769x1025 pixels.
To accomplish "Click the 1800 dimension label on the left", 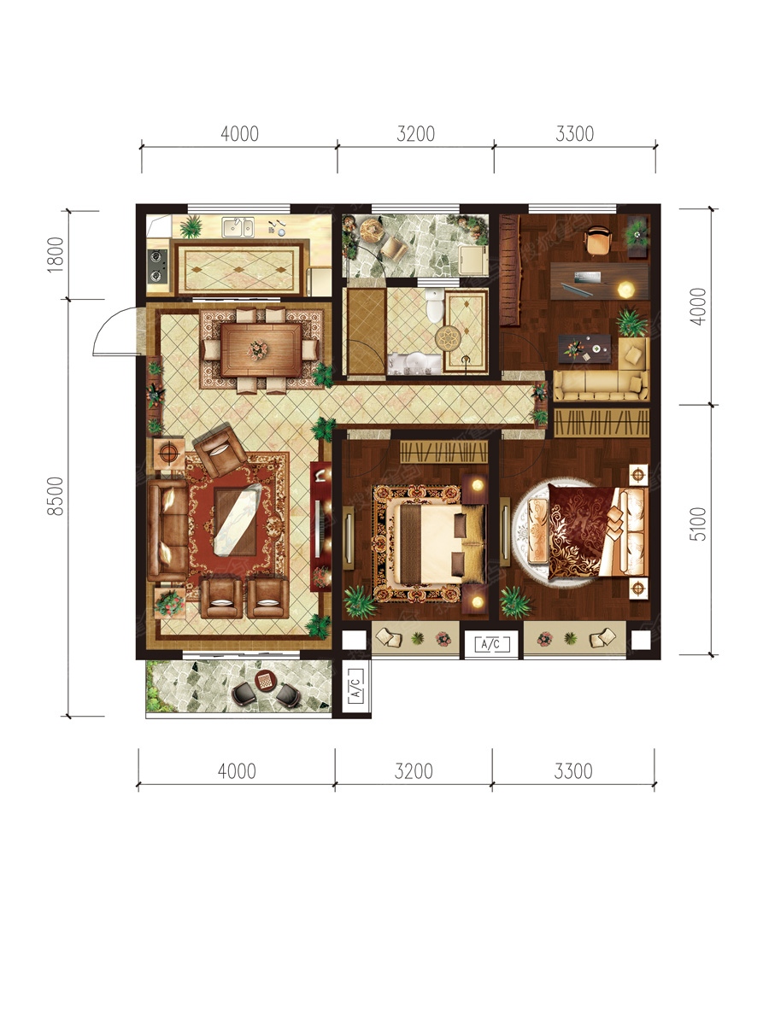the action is pos(55,255).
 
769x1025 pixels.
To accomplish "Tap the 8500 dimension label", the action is pos(55,496).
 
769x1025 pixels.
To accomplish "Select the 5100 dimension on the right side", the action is pos(697,524).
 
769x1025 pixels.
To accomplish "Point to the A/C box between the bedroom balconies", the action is pos(490,644).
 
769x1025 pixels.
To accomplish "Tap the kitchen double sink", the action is pos(238,227).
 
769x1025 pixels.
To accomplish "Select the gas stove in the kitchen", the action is pos(158,266).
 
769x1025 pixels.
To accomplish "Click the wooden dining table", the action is pos(261,349).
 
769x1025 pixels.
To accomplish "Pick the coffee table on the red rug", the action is pos(238,522).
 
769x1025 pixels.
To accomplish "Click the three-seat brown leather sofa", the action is pos(168,530).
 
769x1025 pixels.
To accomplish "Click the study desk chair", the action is pos(597,240).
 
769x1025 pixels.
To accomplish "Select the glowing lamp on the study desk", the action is pos(625,290).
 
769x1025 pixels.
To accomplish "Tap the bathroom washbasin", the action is pos(414,364).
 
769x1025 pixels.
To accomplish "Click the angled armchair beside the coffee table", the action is pos(220,451).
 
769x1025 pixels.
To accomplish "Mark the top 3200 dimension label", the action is pos(415,134).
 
